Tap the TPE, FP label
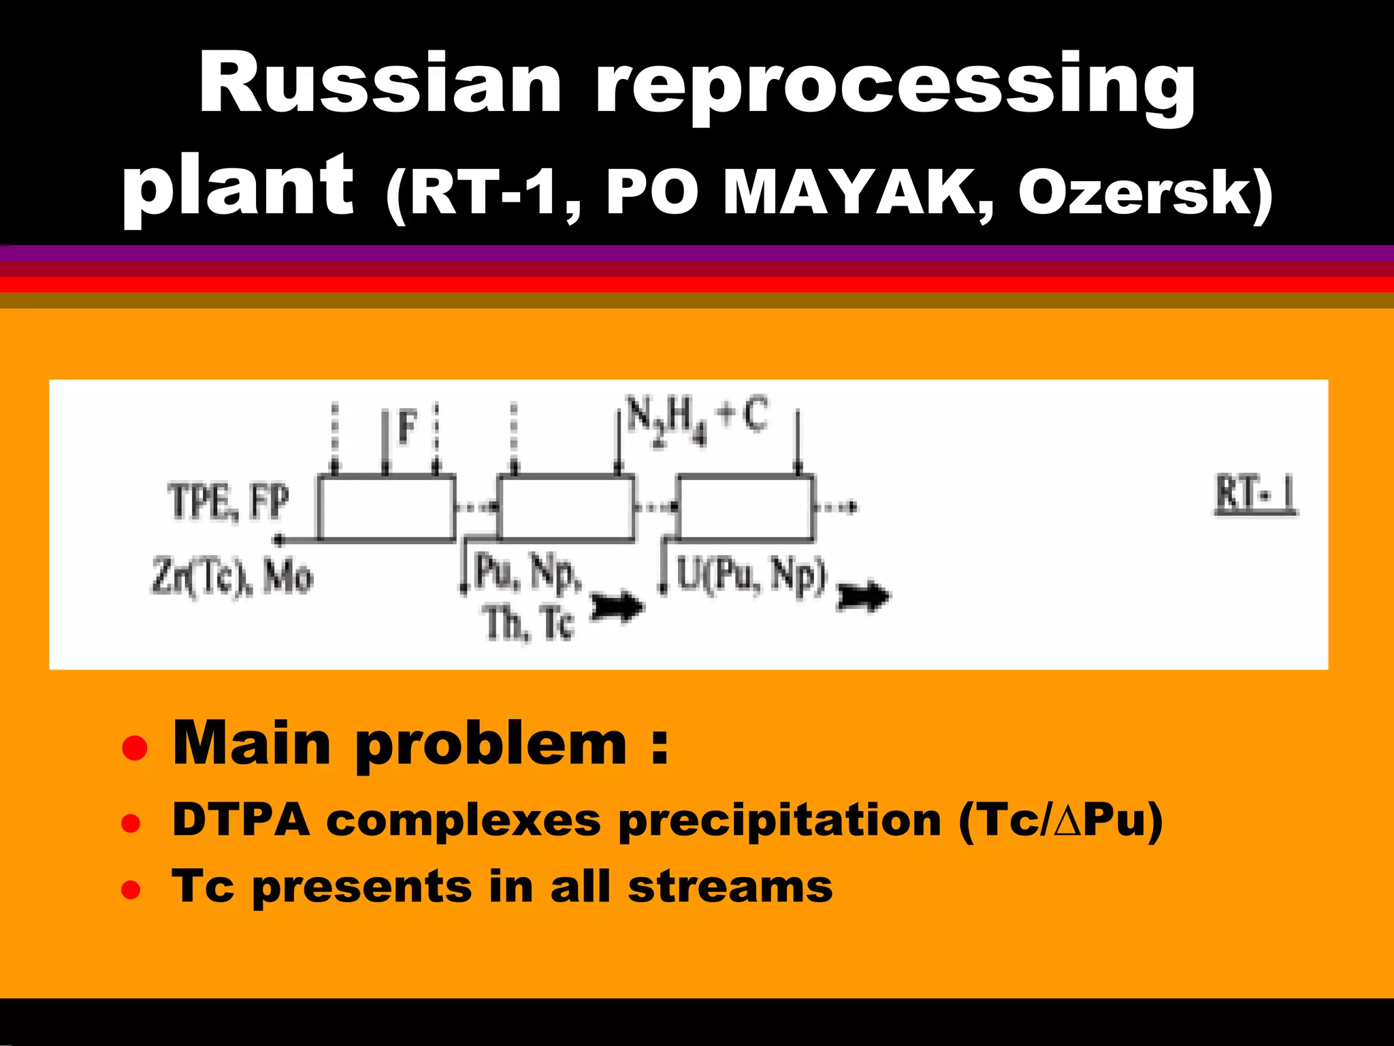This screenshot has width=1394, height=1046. pyautogui.click(x=228, y=502)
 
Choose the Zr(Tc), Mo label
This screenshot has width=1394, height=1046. pyautogui.click(x=231, y=577)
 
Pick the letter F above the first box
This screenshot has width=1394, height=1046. pyautogui.click(x=407, y=428)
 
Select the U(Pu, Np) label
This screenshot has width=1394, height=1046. pyautogui.click(x=751, y=575)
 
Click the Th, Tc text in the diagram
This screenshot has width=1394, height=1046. pyautogui.click(x=530, y=623)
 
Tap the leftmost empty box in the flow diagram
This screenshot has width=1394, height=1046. pyautogui.click(x=387, y=508)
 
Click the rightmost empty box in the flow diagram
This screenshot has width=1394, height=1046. pyautogui.click(x=745, y=508)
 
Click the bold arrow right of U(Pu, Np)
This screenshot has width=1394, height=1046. pyautogui.click(x=863, y=597)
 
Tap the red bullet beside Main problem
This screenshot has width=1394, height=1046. pyautogui.click(x=134, y=747)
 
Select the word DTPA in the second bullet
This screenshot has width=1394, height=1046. pyautogui.click(x=242, y=820)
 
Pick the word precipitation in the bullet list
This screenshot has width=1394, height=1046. pyautogui.click(x=780, y=821)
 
